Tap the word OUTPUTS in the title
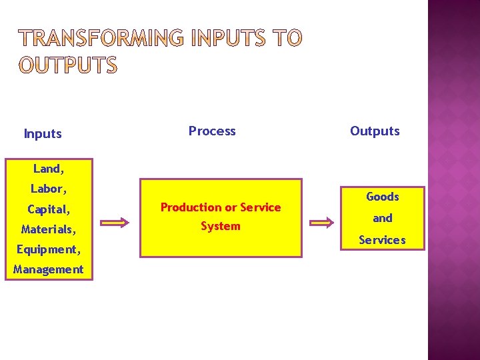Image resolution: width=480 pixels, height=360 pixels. (x=68, y=65)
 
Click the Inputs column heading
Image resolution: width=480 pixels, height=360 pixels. (x=43, y=133)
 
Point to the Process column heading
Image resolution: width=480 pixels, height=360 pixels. (x=212, y=131)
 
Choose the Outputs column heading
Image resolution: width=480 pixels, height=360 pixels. (x=375, y=131)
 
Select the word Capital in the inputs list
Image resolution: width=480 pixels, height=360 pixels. (x=48, y=209)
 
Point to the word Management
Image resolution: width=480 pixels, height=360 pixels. (x=48, y=269)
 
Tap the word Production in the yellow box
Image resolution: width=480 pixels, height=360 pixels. (x=190, y=207)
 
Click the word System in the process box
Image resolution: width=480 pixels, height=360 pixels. (x=220, y=226)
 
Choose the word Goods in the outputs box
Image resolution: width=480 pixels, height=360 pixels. (x=382, y=197)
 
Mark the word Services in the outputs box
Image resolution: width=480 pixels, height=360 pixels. (x=382, y=239)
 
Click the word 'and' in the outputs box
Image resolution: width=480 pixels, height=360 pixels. (x=382, y=218)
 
